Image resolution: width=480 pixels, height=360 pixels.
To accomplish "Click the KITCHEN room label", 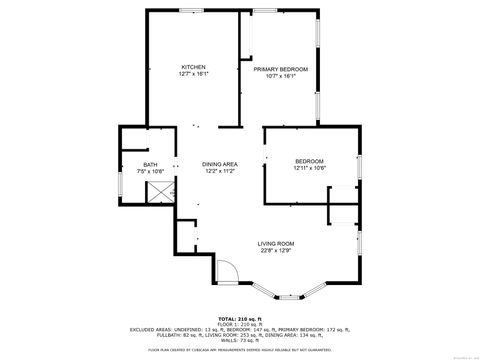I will click(193, 67).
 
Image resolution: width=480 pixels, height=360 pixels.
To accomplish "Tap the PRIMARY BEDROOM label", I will click(280, 69).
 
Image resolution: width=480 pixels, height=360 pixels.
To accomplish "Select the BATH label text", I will click(150, 165).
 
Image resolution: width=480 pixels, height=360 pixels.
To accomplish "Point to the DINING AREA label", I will click(219, 164).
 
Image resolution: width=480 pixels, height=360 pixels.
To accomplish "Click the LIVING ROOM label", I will click(275, 244).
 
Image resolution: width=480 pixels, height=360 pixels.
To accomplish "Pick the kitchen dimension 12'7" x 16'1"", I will click(193, 75).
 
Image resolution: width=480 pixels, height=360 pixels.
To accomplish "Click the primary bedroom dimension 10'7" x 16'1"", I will click(280, 77).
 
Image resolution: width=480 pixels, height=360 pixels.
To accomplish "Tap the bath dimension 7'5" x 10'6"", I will click(150, 172).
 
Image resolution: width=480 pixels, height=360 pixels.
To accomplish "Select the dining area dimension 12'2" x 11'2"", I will click(219, 171).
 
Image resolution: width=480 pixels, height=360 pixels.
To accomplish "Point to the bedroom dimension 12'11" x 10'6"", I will click(309, 168).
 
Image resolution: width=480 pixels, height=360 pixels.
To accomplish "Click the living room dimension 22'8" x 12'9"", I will click(275, 251).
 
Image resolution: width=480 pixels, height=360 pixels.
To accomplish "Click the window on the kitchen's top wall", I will click(188, 10).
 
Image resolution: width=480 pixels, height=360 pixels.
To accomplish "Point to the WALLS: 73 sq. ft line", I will click(239, 341).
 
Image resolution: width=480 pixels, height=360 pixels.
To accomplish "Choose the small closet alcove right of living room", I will click(343, 212).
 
